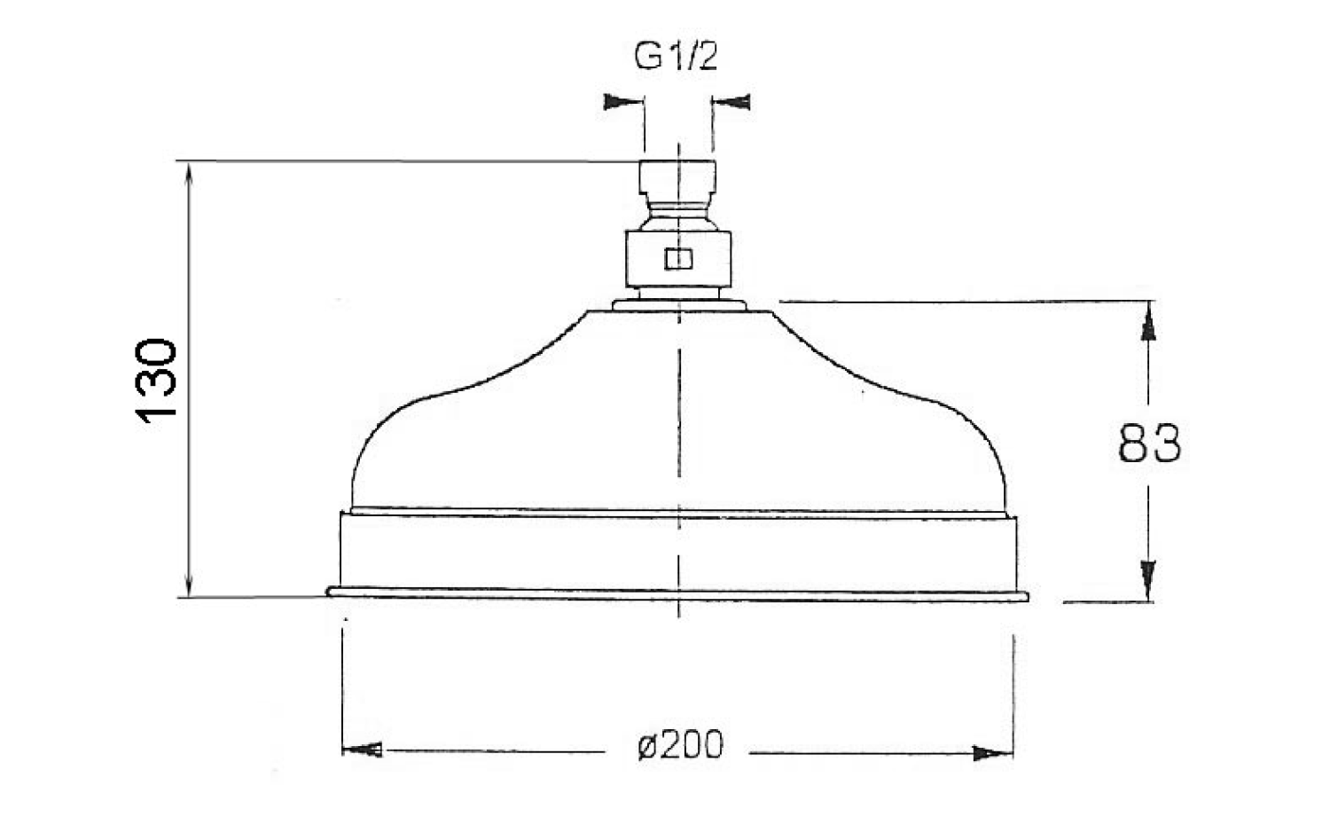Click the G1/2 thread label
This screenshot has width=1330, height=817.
click(x=677, y=57)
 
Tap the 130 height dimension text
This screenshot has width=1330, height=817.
click(x=156, y=381)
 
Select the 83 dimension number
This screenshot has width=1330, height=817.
click(x=1149, y=443)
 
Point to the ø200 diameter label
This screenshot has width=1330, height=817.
click(x=680, y=744)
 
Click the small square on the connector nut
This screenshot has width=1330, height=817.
click(x=678, y=259)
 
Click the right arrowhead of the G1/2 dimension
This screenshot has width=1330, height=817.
click(x=731, y=102)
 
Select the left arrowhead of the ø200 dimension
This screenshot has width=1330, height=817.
click(x=362, y=750)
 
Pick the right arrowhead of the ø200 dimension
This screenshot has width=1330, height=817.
click(x=993, y=753)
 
